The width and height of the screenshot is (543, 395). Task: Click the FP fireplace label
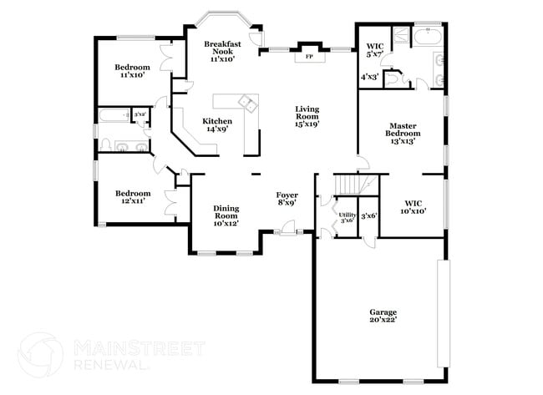pyautogui.click(x=308, y=58)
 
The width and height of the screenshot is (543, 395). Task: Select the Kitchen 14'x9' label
pyautogui.click(x=216, y=124)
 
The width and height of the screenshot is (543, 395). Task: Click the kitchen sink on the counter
pyautogui.click(x=248, y=103)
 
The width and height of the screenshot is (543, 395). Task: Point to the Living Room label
pyautogui.click(x=307, y=114)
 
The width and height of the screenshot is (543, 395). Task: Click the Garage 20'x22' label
pyautogui.click(x=383, y=315)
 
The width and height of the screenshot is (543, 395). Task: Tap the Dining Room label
pyautogui.click(x=226, y=215)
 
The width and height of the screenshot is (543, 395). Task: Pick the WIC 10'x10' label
pyautogui.click(x=414, y=206)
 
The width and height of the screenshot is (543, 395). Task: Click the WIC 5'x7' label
pyautogui.click(x=374, y=49)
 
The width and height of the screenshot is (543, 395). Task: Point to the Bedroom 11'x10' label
pyautogui.click(x=133, y=70)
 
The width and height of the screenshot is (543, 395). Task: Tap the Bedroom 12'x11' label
pyautogui.click(x=133, y=197)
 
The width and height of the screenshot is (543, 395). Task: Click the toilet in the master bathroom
pyautogui.click(x=398, y=78)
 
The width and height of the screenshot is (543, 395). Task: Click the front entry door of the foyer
pyautogui.click(x=287, y=227)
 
